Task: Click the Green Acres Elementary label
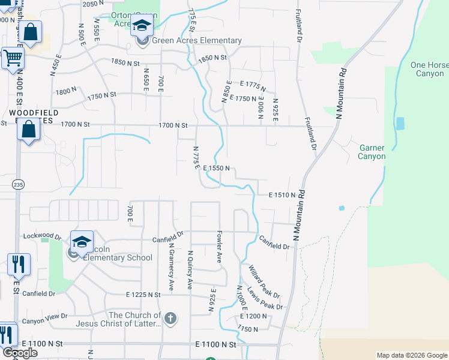(x=196, y=41)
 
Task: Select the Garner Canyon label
(x=372, y=152)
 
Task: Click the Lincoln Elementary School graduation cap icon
(x=82, y=242)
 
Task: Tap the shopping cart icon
(x=11, y=59)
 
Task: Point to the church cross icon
(x=170, y=318)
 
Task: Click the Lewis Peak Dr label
(x=265, y=298)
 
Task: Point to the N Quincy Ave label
(x=190, y=270)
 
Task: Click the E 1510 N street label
(x=283, y=195)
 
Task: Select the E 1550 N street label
(x=217, y=169)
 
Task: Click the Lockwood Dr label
(x=41, y=236)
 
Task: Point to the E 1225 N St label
(x=143, y=295)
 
